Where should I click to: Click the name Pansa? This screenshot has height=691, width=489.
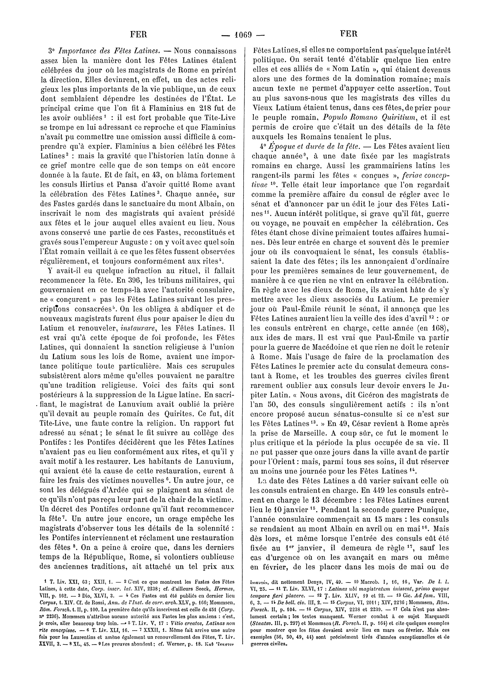(x=133, y=185)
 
